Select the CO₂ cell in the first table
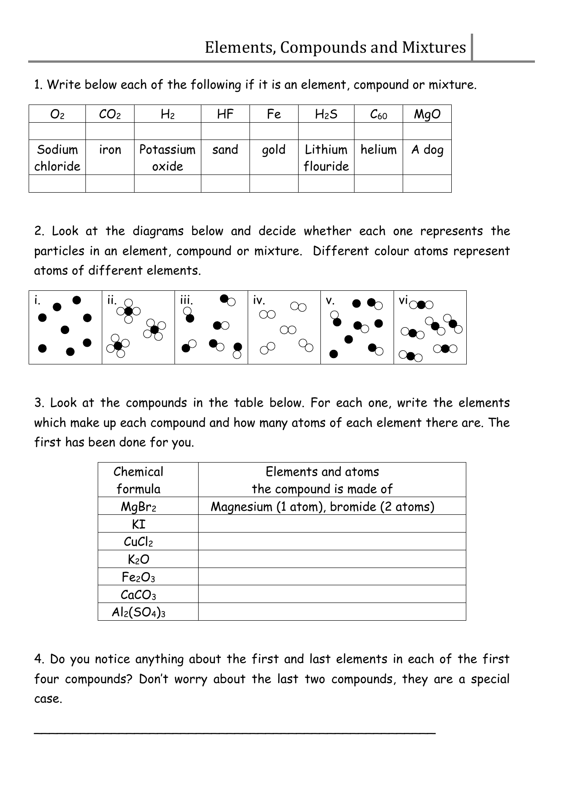[x=110, y=114]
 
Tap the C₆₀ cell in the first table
[x=378, y=115]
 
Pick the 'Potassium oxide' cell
[x=167, y=158]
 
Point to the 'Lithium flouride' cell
[x=326, y=158]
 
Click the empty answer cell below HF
[x=225, y=131]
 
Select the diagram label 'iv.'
[x=259, y=300]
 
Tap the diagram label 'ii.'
[x=112, y=300]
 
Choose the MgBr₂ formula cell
[x=138, y=507]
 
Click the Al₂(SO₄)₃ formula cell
[x=138, y=613]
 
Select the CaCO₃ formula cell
[x=138, y=595]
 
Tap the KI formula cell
[x=138, y=524]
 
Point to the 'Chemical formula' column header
[x=138, y=480]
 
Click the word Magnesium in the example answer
[x=241, y=507]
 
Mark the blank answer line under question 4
[x=235, y=732]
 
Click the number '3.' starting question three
[x=40, y=403]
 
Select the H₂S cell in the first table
[x=326, y=114]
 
